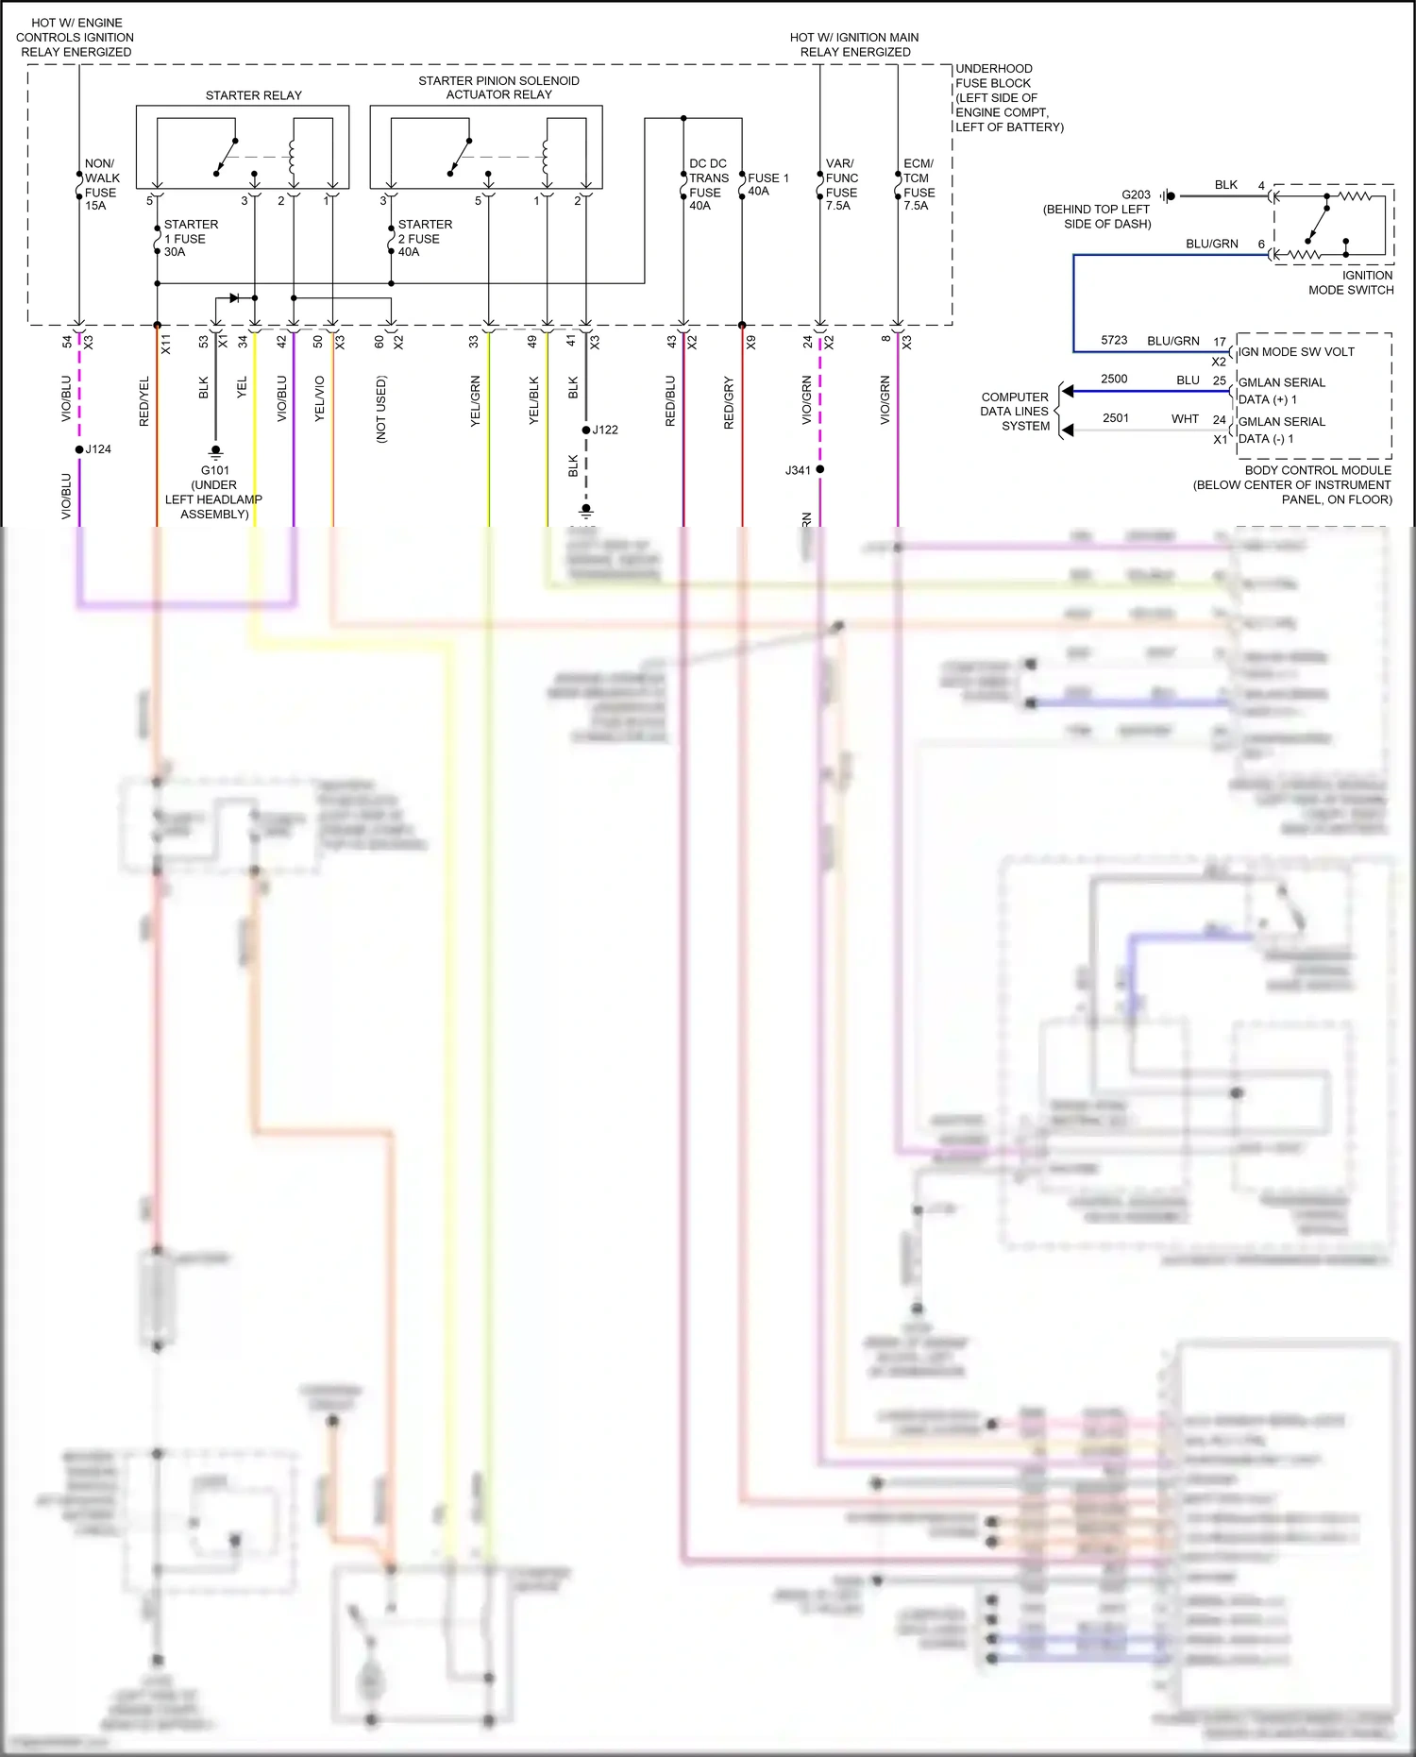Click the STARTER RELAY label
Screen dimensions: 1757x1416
(253, 95)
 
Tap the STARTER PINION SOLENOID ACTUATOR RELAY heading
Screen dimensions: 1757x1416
(498, 88)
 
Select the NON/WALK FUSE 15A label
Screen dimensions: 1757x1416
(101, 185)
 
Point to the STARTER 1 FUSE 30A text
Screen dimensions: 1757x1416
(190, 238)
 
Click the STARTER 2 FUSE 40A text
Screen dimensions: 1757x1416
(424, 238)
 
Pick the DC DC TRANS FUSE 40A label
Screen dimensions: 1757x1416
(708, 185)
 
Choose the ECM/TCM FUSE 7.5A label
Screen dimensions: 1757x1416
(919, 185)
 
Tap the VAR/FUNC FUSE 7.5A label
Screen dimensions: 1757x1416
(841, 185)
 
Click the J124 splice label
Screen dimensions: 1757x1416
(98, 449)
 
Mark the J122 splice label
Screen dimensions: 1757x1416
(605, 430)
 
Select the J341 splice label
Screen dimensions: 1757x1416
(798, 470)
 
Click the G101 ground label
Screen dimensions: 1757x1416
(214, 470)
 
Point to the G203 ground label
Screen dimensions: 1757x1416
(1136, 195)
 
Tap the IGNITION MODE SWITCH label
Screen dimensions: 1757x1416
(1351, 282)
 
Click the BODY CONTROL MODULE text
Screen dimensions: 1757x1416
(1318, 470)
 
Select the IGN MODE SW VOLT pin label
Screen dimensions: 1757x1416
(1296, 352)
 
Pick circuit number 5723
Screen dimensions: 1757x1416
(1114, 341)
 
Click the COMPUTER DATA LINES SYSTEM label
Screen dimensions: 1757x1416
(1015, 412)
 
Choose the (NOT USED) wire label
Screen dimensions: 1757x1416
(381, 410)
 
